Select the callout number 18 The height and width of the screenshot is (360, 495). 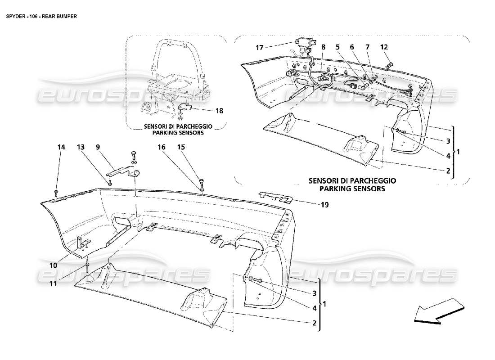[x=220, y=110]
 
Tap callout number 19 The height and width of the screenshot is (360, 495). [x=324, y=205]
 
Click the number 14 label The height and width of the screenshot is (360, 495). [x=61, y=147]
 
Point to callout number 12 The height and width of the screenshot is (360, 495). [x=383, y=46]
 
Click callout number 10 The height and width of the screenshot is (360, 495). [x=54, y=265]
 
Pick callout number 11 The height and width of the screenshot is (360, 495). [x=54, y=283]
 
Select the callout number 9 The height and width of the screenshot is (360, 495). [x=98, y=147]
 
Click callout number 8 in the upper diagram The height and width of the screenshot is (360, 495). [x=323, y=46]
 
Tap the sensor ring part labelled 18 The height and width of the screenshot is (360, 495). [x=184, y=108]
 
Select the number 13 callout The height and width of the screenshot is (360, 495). [x=80, y=147]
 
